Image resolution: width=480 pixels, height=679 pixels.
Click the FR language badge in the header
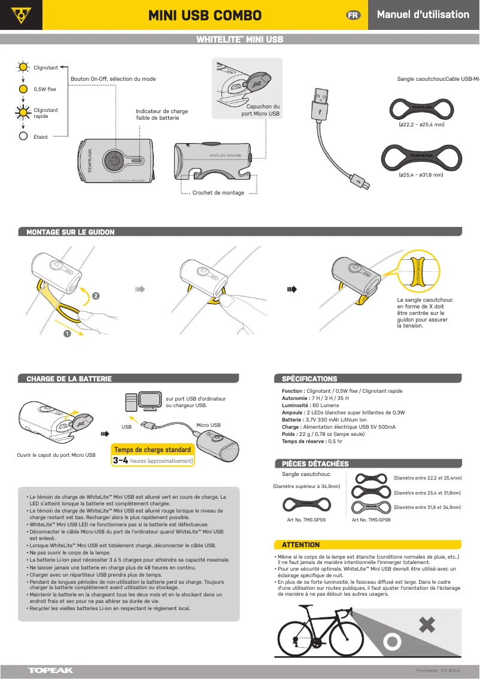click(x=354, y=15)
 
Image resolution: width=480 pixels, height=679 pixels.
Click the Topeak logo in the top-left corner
click(x=21, y=14)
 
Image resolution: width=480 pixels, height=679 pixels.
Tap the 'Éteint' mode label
click(x=41, y=137)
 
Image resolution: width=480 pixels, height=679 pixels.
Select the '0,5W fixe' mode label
click(x=45, y=89)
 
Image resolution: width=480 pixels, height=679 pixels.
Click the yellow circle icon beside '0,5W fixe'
click(x=23, y=89)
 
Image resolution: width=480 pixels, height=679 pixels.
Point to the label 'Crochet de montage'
click(x=218, y=193)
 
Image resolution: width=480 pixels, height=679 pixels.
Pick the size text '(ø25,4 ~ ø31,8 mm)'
click(x=421, y=175)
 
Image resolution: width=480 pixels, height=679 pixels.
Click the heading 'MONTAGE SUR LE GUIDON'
click(x=71, y=232)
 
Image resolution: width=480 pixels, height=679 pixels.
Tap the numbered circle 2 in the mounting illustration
click(x=96, y=295)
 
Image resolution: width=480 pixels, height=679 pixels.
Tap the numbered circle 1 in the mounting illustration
click(x=67, y=334)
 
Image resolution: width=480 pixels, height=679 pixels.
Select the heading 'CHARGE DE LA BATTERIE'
click(x=69, y=379)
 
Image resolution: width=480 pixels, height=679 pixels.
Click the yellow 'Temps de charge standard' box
click(x=153, y=450)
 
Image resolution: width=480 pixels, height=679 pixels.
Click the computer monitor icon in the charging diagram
click(x=150, y=399)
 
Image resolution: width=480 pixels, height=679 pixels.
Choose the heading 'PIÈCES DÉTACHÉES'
click(x=315, y=464)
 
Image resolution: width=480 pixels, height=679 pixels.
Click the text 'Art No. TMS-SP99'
click(x=306, y=520)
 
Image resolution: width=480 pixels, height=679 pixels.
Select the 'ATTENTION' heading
click(x=300, y=545)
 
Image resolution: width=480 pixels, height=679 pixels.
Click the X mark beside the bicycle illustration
click(x=426, y=626)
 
